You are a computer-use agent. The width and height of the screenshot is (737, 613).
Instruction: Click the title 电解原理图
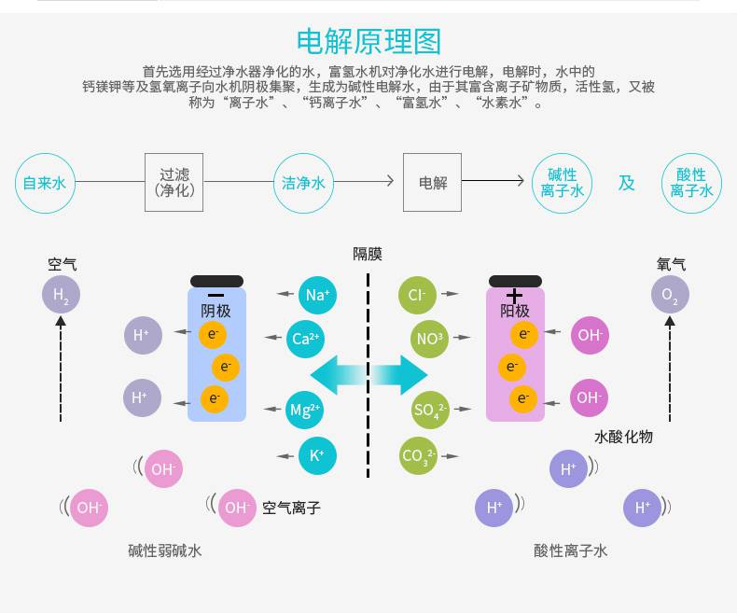point(368,42)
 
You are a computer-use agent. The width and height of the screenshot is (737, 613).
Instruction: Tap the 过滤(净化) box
point(174,182)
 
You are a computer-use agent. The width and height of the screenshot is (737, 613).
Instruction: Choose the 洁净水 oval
point(304,183)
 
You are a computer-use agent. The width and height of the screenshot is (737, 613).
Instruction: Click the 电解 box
point(432,182)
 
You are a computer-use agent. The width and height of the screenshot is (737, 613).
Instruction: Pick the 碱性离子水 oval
point(562,183)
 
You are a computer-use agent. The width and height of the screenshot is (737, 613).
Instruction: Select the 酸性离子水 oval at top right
point(691,183)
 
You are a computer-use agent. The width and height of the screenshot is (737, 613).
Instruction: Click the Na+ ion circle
point(317,295)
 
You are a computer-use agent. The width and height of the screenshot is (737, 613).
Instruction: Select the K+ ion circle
point(317,455)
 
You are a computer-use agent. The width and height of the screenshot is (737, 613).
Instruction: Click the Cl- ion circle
point(416,295)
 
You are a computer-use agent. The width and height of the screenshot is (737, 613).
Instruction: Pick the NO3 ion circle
point(429,339)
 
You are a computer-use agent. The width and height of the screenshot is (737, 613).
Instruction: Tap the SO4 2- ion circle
point(430,410)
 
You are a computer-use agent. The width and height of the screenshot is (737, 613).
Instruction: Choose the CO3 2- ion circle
point(418,456)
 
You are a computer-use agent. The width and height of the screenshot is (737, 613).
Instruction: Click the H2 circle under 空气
point(61,297)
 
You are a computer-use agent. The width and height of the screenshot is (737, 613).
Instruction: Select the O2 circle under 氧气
point(670,297)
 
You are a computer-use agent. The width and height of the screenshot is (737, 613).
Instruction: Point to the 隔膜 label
point(368,254)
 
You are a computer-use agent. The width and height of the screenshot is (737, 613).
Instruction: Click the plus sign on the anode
point(514,295)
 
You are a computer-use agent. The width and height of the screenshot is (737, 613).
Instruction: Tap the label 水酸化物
point(623,437)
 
